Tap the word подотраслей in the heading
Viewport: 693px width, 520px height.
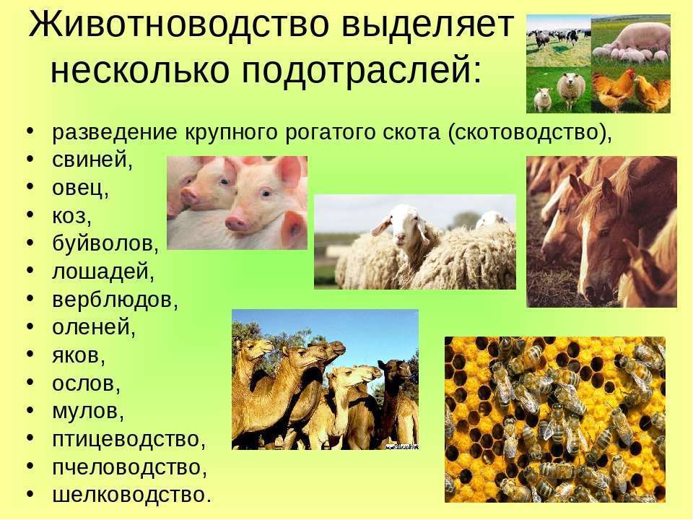(361, 70)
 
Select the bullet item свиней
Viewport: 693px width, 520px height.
(92, 160)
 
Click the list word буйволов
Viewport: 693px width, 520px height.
(105, 243)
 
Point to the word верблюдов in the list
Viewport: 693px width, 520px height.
(115, 299)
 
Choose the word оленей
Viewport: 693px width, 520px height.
(94, 327)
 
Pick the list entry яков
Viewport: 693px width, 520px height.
(79, 355)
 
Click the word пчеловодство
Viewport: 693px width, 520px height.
(129, 467)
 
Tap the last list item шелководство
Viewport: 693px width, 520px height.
(131, 495)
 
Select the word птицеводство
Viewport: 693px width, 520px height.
(129, 440)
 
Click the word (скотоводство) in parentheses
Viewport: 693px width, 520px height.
(529, 132)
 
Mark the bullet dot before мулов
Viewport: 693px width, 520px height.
(30, 410)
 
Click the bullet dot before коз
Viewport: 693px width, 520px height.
(30, 214)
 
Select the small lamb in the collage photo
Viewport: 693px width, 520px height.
(543, 99)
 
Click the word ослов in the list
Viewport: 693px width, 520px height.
(86, 383)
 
